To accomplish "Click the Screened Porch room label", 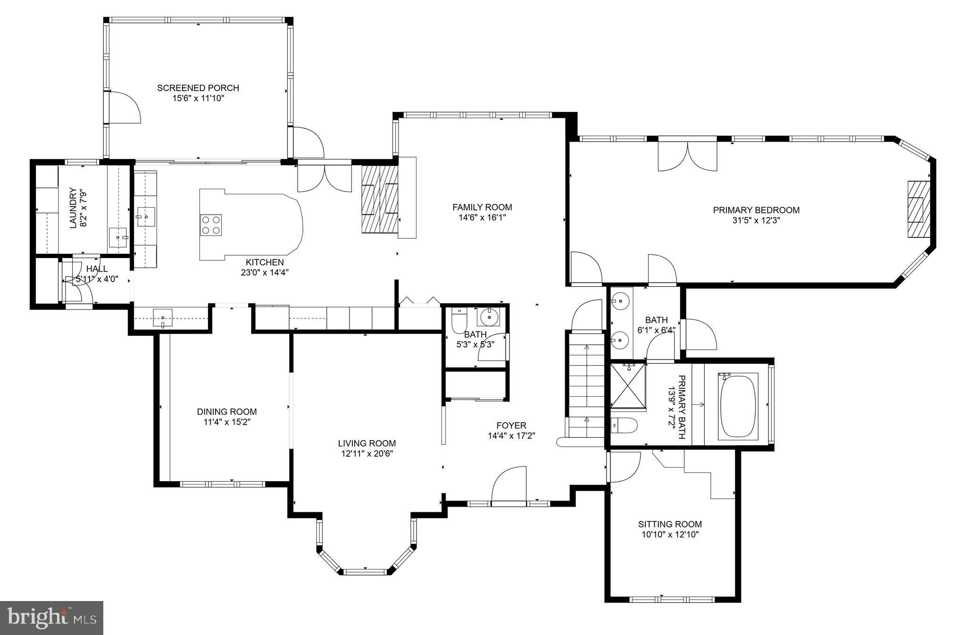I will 198,88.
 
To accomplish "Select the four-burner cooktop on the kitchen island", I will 211,225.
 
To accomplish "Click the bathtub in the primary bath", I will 738,406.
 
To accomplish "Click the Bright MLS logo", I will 52,618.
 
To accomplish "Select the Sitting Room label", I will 670,524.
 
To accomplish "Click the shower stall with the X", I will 628,385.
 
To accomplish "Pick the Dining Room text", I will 227,412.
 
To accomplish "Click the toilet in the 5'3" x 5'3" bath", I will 458,321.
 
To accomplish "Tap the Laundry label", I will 73,208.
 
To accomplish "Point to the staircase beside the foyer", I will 586,384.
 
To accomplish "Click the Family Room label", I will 482,207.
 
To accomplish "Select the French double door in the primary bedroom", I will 687,156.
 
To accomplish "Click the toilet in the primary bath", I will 623,426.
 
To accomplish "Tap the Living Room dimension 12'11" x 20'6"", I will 366,454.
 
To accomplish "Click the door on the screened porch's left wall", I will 124,108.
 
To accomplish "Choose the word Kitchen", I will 265,262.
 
